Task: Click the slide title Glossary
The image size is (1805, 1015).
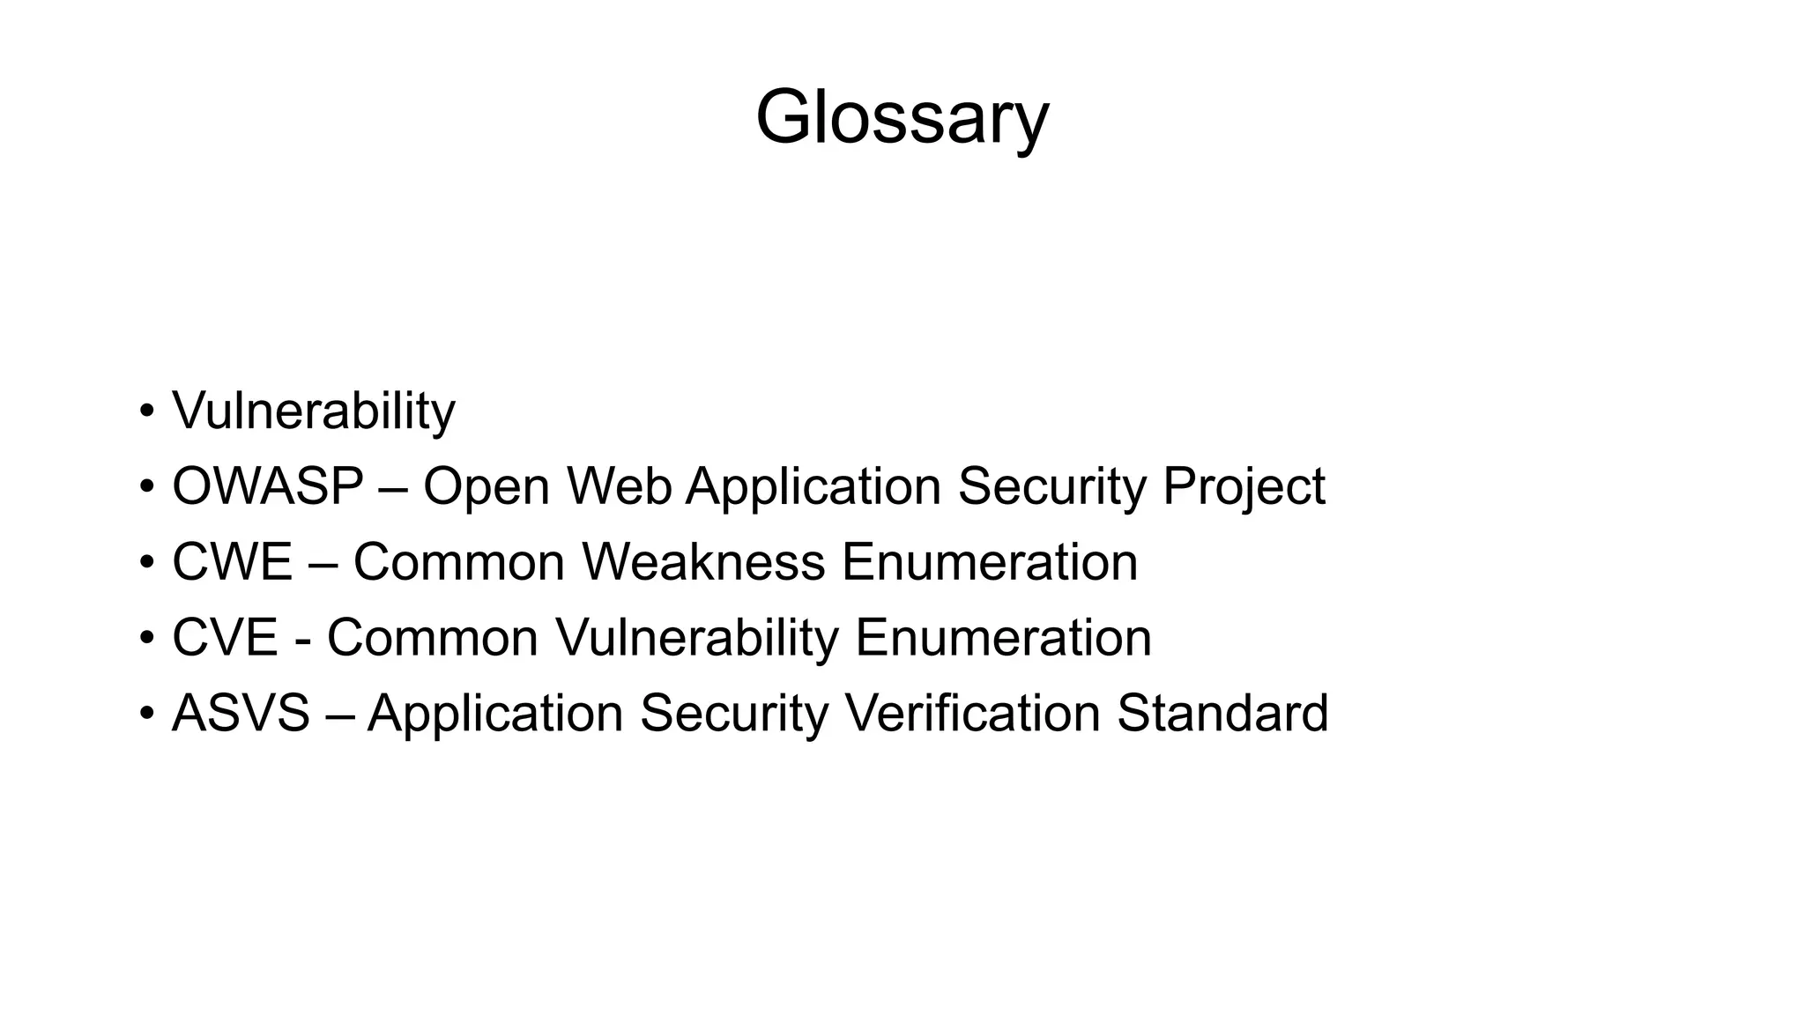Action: click(902, 118)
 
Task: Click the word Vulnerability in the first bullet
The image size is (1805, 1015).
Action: click(314, 411)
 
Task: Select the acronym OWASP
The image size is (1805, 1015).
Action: click(268, 486)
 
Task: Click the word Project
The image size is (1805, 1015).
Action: click(1244, 488)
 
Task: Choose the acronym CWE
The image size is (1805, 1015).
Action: click(232, 562)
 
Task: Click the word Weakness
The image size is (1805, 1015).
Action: click(703, 562)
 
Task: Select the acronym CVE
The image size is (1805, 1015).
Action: click(225, 638)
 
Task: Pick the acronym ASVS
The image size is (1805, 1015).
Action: click(241, 714)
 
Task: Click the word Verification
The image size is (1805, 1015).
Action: click(972, 714)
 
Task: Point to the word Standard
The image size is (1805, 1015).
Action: click(1222, 714)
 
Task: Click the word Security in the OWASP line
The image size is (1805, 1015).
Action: click(1051, 488)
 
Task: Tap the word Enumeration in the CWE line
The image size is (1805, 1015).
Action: click(989, 562)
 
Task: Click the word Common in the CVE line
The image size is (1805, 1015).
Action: click(433, 638)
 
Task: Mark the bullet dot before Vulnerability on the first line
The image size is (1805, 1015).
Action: click(146, 411)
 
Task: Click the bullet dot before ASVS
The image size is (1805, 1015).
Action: click(146, 715)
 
